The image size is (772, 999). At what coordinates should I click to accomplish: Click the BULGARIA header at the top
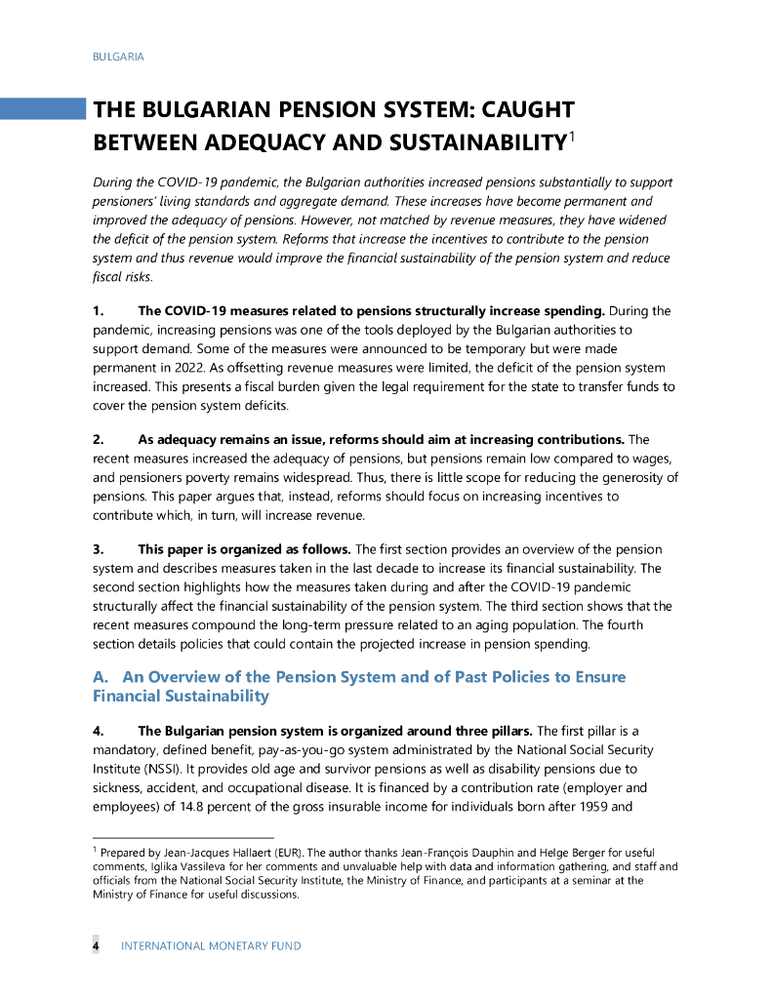coord(118,57)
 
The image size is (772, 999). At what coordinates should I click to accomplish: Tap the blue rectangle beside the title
coord(43,108)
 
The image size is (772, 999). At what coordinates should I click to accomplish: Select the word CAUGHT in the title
coord(517,109)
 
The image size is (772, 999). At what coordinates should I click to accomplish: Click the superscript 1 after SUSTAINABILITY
coord(573,138)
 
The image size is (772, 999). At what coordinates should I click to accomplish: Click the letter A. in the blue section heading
coord(102,677)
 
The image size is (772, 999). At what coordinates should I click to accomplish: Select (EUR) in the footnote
coord(274,854)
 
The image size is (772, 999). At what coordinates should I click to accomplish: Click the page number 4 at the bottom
coord(96,945)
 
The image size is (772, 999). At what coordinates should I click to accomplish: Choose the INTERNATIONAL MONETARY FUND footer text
coord(211,945)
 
